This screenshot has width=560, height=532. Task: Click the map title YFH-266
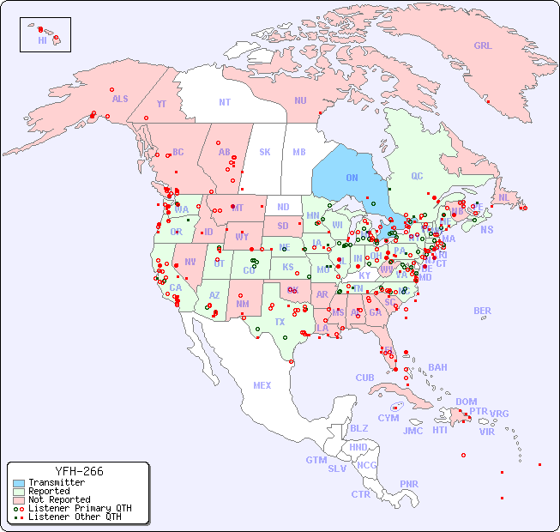pyautogui.click(x=79, y=472)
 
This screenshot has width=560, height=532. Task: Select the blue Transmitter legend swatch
pyautogui.click(x=19, y=483)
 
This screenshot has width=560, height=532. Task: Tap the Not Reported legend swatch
pyautogui.click(x=19, y=499)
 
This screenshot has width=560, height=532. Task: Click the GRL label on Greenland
pyautogui.click(x=483, y=46)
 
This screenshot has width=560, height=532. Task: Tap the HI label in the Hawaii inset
pyautogui.click(x=42, y=40)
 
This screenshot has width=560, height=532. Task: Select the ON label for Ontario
pyautogui.click(x=352, y=178)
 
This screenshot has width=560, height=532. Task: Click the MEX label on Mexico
pyautogui.click(x=262, y=385)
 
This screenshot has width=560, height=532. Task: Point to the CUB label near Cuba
pyautogui.click(x=364, y=378)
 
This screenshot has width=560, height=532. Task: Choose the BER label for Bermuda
pyautogui.click(x=483, y=311)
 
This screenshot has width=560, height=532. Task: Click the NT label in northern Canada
pyautogui.click(x=225, y=102)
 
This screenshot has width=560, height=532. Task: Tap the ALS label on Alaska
pyautogui.click(x=120, y=99)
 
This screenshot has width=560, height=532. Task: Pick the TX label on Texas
pyautogui.click(x=280, y=322)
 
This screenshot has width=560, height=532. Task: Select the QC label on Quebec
pyautogui.click(x=417, y=176)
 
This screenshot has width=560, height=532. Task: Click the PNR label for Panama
pyautogui.click(x=409, y=484)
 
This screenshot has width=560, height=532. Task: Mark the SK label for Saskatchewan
pyautogui.click(x=265, y=153)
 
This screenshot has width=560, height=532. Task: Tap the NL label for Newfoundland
pyautogui.click(x=503, y=196)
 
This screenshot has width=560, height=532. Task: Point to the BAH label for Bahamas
pyautogui.click(x=437, y=367)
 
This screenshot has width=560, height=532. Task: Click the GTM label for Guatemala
pyautogui.click(x=316, y=460)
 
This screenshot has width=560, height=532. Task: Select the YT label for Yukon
pyautogui.click(x=161, y=104)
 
